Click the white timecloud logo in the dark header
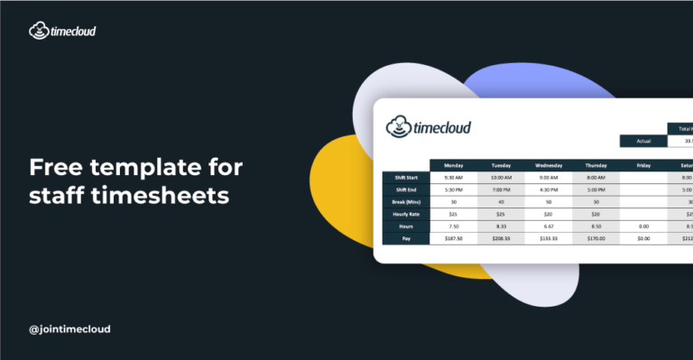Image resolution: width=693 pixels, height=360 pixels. [x=62, y=31]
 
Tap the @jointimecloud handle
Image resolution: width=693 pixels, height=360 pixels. [x=69, y=329]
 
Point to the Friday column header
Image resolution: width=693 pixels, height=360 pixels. [x=644, y=165]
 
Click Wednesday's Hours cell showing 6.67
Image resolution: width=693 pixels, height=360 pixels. [x=551, y=226]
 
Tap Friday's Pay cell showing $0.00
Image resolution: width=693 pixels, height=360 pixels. [x=644, y=238]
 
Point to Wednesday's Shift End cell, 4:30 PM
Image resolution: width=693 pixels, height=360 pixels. [x=551, y=189]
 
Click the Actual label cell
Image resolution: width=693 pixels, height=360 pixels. [x=643, y=141]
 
